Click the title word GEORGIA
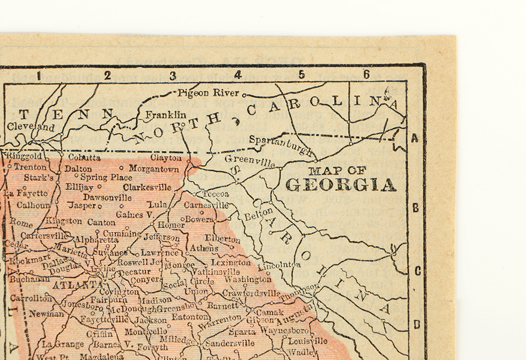pos(340,185)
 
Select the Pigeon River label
pos(208,93)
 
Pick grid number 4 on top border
pos(238,75)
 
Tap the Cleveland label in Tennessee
pos(31,127)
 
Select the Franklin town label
pos(166,115)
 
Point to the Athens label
pos(204,248)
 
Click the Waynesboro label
pos(284,331)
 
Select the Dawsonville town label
pos(107,197)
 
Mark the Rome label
pos(21,223)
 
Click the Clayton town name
pos(166,157)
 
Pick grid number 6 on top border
pos(366,74)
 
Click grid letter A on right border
pos(415,139)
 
